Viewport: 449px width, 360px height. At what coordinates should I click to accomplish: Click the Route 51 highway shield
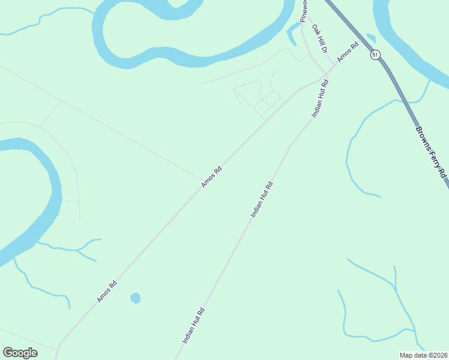[x=375, y=55]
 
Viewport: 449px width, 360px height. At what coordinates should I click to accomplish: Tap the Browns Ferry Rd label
[x=431, y=151]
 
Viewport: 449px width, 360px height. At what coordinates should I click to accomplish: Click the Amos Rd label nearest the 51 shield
[x=348, y=51]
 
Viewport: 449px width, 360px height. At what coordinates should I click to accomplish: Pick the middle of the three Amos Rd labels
[x=212, y=177]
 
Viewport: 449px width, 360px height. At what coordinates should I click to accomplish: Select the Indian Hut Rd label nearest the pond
[x=194, y=326]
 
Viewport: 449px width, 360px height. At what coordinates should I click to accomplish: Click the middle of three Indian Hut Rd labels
[x=262, y=199]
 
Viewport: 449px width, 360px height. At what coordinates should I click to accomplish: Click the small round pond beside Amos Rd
[x=135, y=298]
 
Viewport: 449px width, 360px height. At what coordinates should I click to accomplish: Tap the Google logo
[x=20, y=353]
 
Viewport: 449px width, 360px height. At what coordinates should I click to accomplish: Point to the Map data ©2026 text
[x=424, y=355]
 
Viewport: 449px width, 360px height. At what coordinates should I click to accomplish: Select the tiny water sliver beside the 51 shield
[x=371, y=38]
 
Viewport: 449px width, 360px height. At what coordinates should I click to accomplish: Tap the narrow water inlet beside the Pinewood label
[x=292, y=36]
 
